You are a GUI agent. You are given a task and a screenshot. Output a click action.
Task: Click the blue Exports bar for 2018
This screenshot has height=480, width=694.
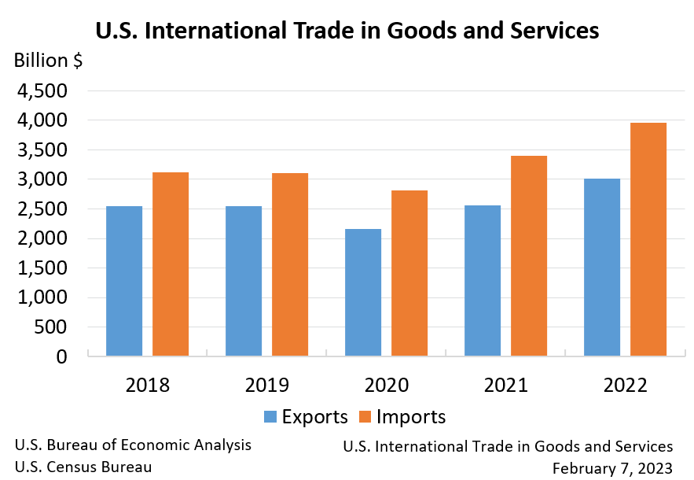point(124,281)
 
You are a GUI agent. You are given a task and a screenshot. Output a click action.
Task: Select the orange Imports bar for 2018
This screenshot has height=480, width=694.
point(171,264)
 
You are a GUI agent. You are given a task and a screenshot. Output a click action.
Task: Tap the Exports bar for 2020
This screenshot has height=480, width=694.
point(363,292)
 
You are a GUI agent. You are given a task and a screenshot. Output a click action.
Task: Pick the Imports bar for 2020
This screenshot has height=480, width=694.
point(409,273)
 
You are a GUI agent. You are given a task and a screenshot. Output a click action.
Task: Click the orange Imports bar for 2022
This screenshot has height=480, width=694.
point(648,239)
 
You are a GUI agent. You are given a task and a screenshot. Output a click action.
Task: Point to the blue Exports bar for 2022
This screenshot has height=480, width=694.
point(602,267)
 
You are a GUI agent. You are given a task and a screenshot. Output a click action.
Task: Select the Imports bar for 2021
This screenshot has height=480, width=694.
point(529,256)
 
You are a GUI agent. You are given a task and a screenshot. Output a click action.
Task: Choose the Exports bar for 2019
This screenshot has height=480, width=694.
point(244,281)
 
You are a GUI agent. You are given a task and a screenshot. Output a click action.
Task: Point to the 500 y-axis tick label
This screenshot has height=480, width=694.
point(52,327)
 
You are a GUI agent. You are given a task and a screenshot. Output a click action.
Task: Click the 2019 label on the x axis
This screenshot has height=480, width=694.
point(267,385)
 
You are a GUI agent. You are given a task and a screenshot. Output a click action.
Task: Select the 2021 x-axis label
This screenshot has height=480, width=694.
point(506,385)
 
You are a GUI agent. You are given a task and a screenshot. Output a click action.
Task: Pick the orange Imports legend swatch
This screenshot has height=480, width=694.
point(365,417)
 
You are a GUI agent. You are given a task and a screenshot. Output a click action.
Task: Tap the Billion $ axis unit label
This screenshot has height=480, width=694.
point(48,60)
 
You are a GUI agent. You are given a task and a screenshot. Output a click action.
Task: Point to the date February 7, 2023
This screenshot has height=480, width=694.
point(612,467)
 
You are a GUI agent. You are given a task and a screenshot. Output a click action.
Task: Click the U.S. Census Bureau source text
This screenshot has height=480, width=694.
point(83,466)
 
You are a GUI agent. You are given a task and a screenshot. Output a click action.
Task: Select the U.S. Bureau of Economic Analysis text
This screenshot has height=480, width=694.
point(133,445)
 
